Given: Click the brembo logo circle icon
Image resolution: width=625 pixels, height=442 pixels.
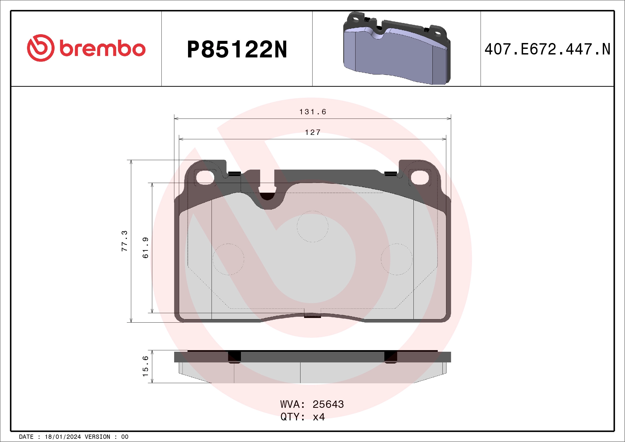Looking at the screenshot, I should point(41,48).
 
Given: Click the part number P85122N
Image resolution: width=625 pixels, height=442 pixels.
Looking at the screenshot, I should point(237,49).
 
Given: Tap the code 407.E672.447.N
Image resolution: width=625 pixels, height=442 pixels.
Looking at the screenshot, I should point(547,49).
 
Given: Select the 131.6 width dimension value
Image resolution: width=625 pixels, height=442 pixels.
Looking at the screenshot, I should point(312,112).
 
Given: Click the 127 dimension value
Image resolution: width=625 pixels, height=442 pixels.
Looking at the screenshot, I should point(312,132).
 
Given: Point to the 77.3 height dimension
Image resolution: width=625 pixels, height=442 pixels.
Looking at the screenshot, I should point(124,241).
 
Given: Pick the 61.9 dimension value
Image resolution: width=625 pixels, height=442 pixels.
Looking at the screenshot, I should point(146,247).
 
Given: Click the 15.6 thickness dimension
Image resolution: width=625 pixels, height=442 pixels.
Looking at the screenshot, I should point(146,366).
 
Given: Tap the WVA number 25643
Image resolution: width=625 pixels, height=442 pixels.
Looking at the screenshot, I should point(328,404).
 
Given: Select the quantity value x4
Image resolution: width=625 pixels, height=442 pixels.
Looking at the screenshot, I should point(319,417).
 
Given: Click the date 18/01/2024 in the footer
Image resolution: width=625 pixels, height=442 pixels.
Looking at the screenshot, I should point(62,437).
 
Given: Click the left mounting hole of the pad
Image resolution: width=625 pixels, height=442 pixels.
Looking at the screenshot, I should point(205,177).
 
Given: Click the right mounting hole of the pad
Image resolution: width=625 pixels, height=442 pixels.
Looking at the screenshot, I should point(420,177).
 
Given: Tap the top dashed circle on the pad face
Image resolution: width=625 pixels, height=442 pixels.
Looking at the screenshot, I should point(312,226).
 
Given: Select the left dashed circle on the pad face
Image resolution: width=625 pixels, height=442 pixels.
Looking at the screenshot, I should point(228,259).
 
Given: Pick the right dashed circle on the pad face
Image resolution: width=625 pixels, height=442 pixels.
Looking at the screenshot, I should point(397,259).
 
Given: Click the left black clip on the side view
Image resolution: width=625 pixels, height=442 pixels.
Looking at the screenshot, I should point(234,357).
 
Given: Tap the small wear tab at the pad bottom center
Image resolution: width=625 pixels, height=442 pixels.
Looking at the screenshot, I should point(312,315).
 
